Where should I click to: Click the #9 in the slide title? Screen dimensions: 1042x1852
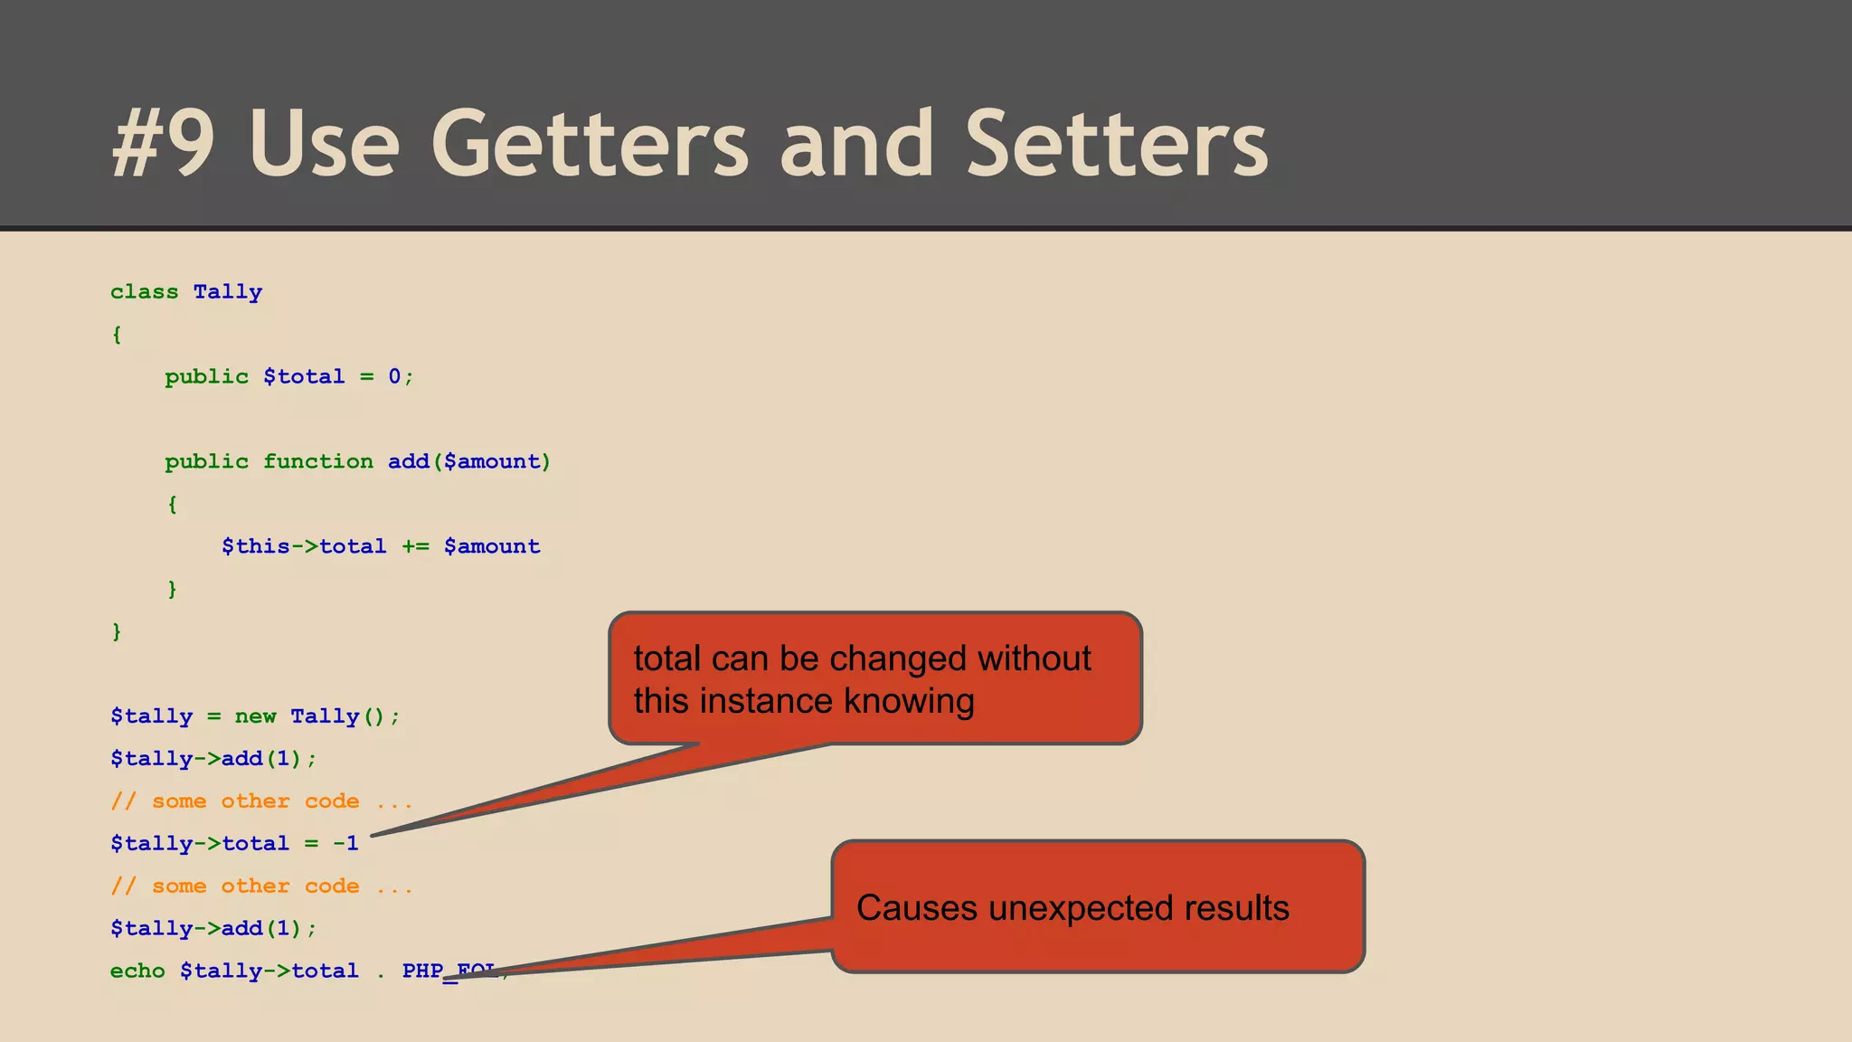point(163,145)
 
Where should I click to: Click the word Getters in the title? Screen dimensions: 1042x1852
point(590,145)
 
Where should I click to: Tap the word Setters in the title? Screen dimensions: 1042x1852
point(1117,145)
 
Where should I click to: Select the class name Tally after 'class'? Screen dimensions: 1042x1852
point(227,292)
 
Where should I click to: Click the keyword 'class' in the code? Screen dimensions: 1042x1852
point(144,292)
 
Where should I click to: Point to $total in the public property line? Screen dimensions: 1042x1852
point(304,376)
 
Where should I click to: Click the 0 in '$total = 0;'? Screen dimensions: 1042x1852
point(394,376)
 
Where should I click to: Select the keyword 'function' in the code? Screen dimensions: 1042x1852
point(317,461)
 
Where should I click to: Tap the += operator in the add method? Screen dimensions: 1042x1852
point(415,546)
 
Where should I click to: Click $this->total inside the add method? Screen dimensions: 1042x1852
point(304,546)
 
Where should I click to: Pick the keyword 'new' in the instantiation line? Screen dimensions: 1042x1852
point(255,716)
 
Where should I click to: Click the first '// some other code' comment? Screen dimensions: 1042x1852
point(260,801)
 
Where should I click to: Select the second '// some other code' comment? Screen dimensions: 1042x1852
point(260,886)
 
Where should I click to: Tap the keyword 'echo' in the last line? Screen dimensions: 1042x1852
point(137,971)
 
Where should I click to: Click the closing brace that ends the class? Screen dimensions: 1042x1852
point(117,631)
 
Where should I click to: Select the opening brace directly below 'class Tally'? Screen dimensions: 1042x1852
point(117,335)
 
